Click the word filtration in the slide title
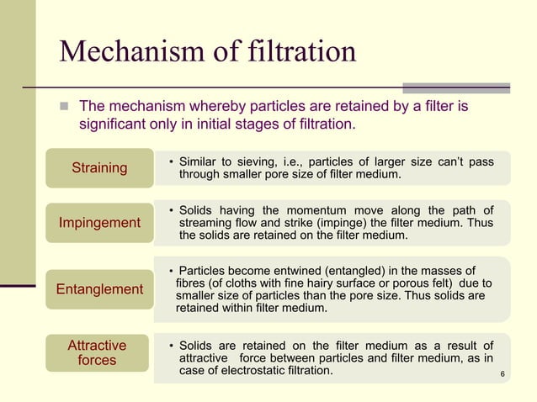(299, 52)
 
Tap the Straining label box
(99, 168)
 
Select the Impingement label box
(99, 223)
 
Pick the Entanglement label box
(99, 289)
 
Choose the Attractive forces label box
(97, 353)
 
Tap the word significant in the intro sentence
(114, 126)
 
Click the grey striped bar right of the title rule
(456, 87)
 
